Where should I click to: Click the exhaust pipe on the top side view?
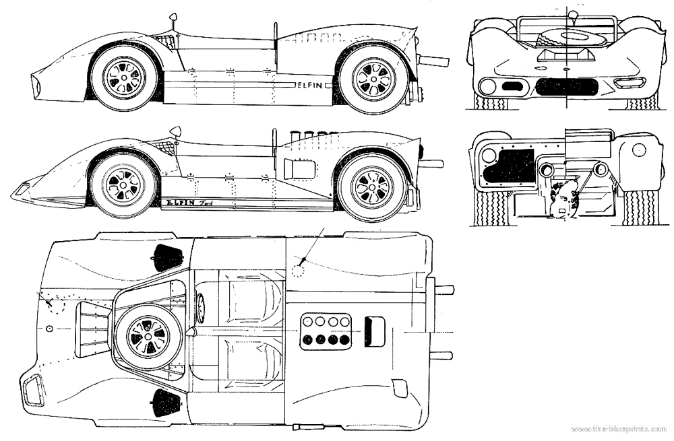[434, 61]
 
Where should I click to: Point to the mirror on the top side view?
[173, 16]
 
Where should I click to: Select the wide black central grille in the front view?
[566, 86]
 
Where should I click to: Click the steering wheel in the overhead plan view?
[200, 308]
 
